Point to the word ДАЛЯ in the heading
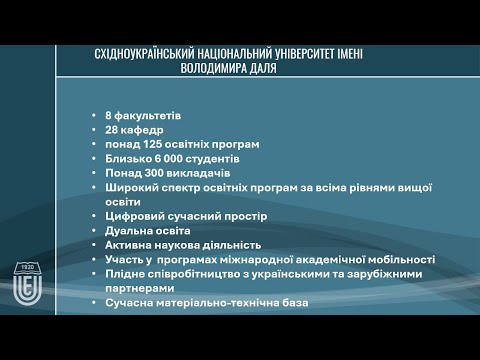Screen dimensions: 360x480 pyautogui.click(x=272, y=70)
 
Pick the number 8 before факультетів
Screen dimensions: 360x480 pyautogui.click(x=108, y=115)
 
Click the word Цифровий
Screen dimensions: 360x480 pyautogui.click(x=133, y=216)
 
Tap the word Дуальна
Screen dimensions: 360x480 pyautogui.click(x=127, y=230)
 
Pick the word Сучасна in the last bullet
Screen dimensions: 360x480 pyautogui.click(x=127, y=302)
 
